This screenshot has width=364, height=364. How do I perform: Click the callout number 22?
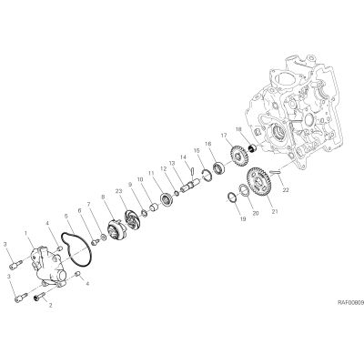[x=285, y=190]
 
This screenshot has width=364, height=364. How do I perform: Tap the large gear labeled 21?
[x=258, y=182]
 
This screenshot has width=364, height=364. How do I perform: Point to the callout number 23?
[x=118, y=191]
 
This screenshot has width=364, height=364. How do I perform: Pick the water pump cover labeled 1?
[x=48, y=266]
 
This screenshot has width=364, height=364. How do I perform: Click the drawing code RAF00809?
[x=351, y=302]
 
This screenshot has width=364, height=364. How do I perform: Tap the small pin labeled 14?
[x=193, y=171]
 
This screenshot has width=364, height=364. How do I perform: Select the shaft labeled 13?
[x=190, y=185]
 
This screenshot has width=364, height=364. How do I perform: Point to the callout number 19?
[x=243, y=219]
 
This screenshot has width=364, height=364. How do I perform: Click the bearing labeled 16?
[x=218, y=168]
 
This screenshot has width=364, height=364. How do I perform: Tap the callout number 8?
[x=103, y=197]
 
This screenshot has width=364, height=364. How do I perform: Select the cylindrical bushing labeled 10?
[x=155, y=208]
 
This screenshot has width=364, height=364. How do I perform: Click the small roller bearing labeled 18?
[x=252, y=148]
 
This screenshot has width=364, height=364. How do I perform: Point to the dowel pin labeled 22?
[x=277, y=172]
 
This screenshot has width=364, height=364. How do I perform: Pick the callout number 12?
[x=164, y=168]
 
